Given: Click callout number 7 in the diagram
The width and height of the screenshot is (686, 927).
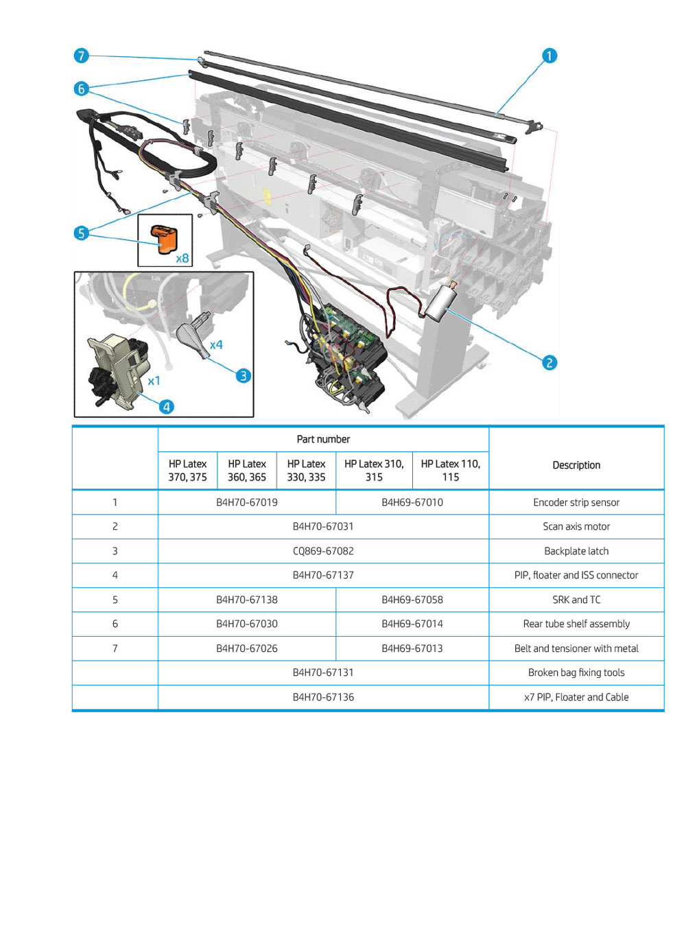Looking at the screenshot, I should pos(81,56).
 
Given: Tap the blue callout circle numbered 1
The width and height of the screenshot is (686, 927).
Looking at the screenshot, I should pos(549,56).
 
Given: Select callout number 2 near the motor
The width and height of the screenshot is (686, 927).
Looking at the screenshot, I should pos(549,362).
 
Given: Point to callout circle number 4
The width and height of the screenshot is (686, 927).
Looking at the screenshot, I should pos(166,406).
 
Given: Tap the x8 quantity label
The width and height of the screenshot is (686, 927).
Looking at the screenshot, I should pos(182,259).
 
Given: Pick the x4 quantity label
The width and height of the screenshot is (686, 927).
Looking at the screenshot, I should pos(216,344).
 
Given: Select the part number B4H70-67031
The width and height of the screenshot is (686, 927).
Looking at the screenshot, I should pos(323,526).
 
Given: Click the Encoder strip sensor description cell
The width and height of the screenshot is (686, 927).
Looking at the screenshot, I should pos(576,502).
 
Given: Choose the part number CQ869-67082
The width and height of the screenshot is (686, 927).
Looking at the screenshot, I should pos(323,551).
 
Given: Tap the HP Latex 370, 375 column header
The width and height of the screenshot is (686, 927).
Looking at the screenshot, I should pos(187,471).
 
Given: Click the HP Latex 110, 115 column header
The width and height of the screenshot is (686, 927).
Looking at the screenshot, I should pos(451,471).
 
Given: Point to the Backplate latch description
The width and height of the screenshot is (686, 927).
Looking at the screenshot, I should pos(576,551).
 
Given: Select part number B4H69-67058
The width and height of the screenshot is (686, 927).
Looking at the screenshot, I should pos(412,600).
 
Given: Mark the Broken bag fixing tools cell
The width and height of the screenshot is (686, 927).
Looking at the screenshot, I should pos(576,672).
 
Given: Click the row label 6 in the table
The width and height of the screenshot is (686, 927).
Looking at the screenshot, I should pos(115,624).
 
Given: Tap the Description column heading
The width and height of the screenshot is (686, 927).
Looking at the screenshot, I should pos(576,465).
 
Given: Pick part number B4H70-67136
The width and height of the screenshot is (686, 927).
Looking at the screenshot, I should pos(323,697).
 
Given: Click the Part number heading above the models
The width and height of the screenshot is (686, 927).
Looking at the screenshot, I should pos(323,439).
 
